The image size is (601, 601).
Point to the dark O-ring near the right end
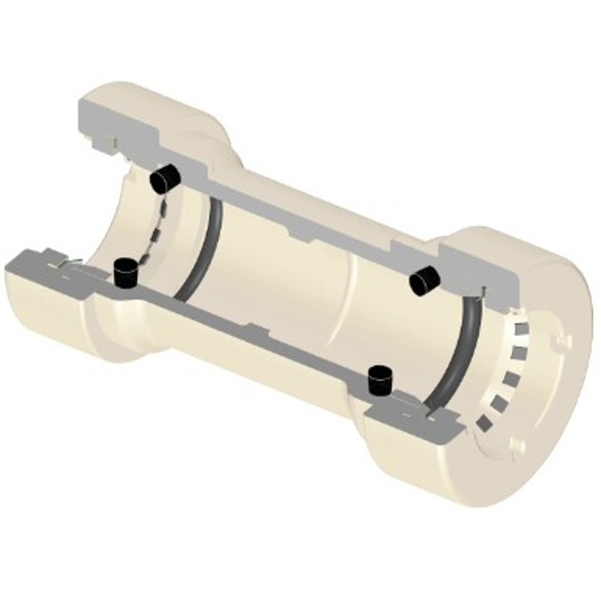pyautogui.click(x=454, y=356)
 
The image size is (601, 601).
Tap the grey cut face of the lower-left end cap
pyautogui.click(x=45, y=264)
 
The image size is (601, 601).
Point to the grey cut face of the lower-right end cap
pyautogui.click(x=418, y=418)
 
